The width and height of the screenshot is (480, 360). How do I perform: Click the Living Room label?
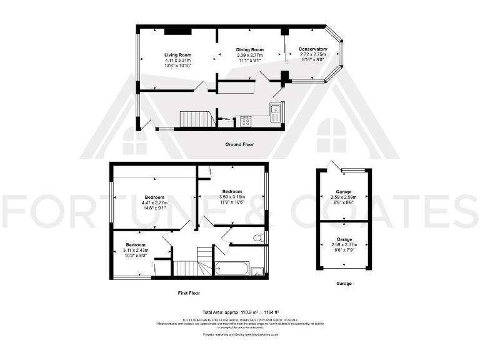tap(177, 55)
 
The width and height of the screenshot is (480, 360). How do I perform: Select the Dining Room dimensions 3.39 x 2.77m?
tap(249, 55)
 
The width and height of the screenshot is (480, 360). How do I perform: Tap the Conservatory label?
tap(312, 49)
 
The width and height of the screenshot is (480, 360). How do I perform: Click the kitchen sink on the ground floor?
tap(275, 111)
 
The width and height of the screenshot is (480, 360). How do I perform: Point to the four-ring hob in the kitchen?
tap(244, 121)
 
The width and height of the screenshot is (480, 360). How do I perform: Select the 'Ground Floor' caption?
tap(239, 144)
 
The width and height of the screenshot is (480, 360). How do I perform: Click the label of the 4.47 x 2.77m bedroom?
tap(154, 197)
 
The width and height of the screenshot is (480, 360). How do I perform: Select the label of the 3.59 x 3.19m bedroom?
tap(232, 191)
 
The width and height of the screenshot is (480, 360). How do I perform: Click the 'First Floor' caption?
tap(188, 292)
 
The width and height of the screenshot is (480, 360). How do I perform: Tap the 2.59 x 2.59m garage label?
tap(343, 191)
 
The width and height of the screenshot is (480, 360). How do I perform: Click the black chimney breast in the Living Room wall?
tap(174, 31)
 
